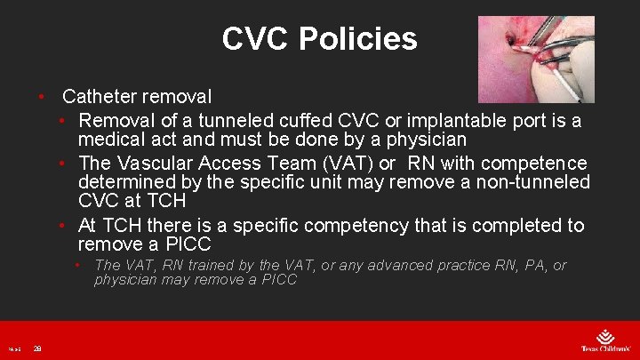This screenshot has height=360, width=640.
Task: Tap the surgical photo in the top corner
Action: click(x=536, y=59)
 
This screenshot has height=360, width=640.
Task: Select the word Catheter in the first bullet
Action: click(x=100, y=95)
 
